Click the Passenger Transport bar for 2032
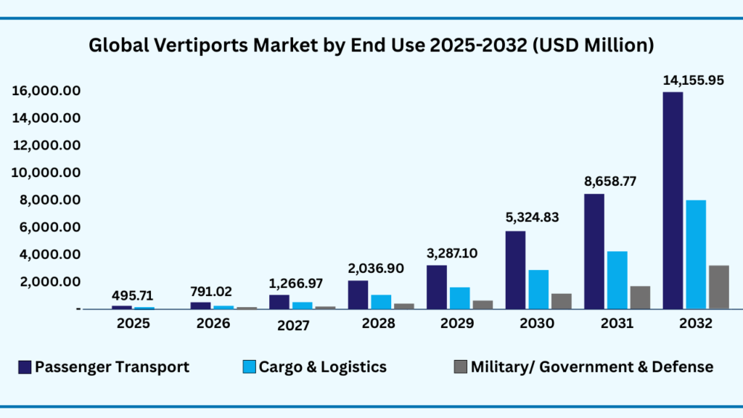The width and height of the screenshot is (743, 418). coord(673,200)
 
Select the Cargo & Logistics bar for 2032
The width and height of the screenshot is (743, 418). coord(696,254)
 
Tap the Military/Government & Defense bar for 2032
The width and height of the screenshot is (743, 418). coord(718,287)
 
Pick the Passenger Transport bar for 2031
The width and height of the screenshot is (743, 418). coord(594,251)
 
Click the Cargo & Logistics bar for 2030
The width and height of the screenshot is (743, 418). coord(538,289)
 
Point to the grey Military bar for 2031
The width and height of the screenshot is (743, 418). coord(640,297)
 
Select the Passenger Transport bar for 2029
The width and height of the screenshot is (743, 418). coord(437,287)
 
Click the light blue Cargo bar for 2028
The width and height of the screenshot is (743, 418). coord(381,301)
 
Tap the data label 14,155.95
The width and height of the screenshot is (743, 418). coord(693,81)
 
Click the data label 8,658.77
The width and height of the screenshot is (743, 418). coord(615,181)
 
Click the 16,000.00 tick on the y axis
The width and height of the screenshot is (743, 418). coord(45,91)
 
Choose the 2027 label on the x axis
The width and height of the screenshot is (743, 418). coord(294,326)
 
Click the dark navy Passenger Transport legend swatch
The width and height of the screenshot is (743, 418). coord(24,367)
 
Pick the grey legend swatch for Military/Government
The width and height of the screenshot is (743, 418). coord(460,367)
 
